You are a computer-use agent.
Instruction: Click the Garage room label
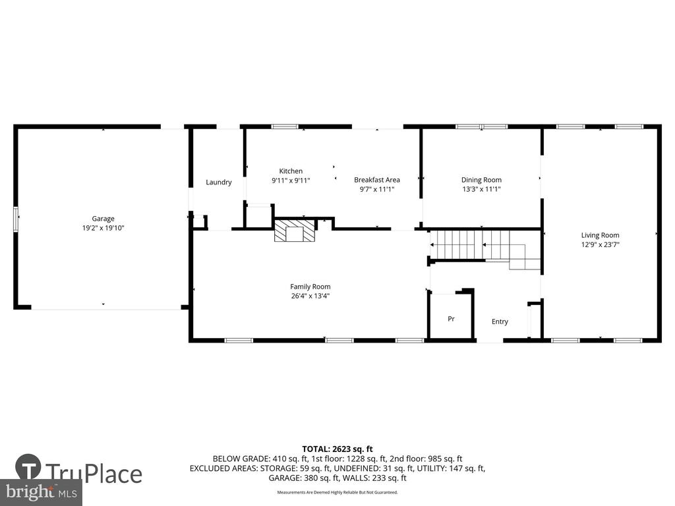click(103, 219)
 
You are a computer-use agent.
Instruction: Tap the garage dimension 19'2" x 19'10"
click(103, 228)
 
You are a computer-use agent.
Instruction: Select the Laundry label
click(219, 183)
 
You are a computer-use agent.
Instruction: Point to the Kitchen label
click(291, 171)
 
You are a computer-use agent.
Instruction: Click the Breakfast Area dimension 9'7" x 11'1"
click(377, 189)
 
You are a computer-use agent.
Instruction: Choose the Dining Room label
click(481, 180)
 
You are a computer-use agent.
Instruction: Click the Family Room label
click(310, 287)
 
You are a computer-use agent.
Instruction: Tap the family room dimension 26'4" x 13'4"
click(310, 296)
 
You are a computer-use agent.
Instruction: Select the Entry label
click(500, 322)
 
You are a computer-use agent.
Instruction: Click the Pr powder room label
click(451, 319)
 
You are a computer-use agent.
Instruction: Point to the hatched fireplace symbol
click(295, 231)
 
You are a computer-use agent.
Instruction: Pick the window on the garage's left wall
click(16, 219)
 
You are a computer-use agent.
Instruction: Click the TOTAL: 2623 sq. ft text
click(337, 449)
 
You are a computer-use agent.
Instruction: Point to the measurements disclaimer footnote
click(337, 492)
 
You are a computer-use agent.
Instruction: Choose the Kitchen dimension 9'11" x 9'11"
click(291, 181)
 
